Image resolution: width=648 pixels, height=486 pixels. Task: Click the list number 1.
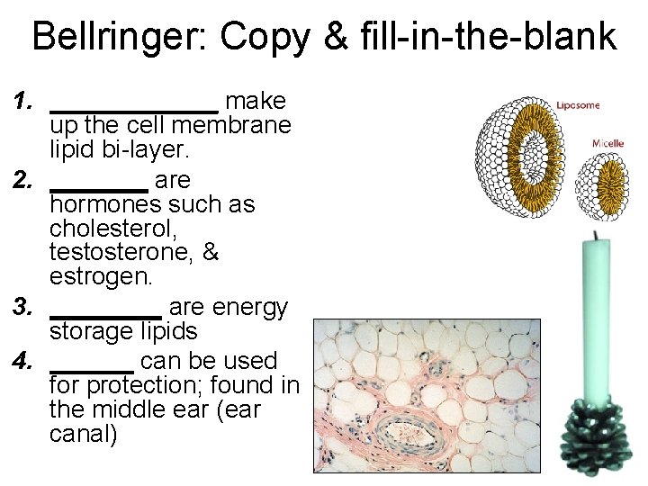tap(24, 101)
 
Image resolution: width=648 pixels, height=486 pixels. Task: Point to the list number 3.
tap(24, 308)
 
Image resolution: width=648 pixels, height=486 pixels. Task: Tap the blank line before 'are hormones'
tap(99, 188)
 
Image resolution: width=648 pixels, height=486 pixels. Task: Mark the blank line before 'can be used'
tap(92, 369)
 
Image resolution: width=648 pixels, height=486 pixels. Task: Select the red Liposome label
tap(578, 105)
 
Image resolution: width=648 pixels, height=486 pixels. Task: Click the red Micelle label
tap(607, 143)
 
